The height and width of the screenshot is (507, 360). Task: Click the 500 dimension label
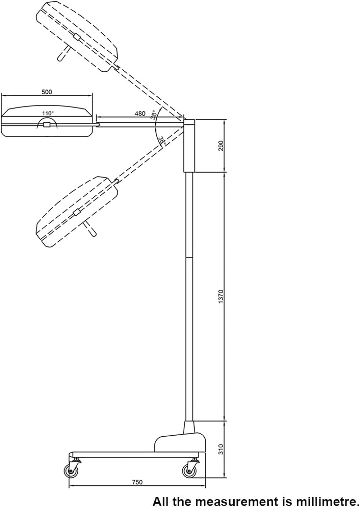(47, 92)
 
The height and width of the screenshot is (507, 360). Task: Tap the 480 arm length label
(140, 114)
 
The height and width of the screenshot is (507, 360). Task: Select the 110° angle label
(48, 113)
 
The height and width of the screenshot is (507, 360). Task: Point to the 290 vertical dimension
(221, 146)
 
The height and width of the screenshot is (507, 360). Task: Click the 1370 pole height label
(221, 296)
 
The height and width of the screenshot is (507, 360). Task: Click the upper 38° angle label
(154, 115)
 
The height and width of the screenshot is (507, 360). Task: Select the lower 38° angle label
(163, 141)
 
